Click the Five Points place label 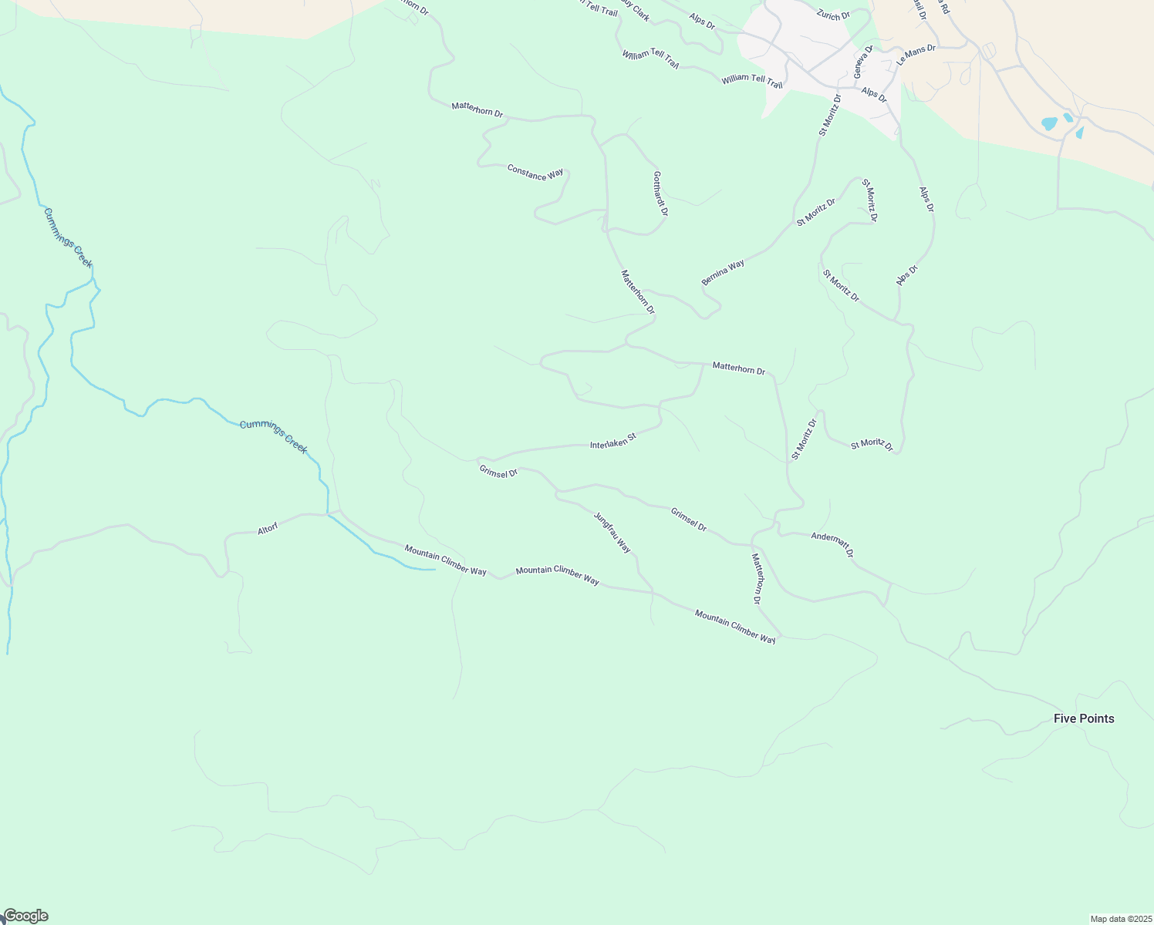(1084, 718)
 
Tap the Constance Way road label (535, 173)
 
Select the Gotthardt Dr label (660, 193)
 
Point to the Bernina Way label (723, 273)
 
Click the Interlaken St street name (612, 441)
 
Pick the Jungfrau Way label (612, 533)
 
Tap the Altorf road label (268, 529)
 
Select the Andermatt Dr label (832, 543)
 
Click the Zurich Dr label (833, 15)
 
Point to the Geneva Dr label (862, 62)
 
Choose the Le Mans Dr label (916, 54)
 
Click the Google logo (25, 916)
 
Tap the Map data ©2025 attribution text (1120, 919)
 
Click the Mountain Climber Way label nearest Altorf (445, 560)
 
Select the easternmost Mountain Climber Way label (735, 626)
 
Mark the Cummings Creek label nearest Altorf (273, 436)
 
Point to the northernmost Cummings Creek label (68, 237)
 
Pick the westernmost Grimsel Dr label (498, 472)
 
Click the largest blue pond (1049, 123)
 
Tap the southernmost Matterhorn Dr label (757, 578)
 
